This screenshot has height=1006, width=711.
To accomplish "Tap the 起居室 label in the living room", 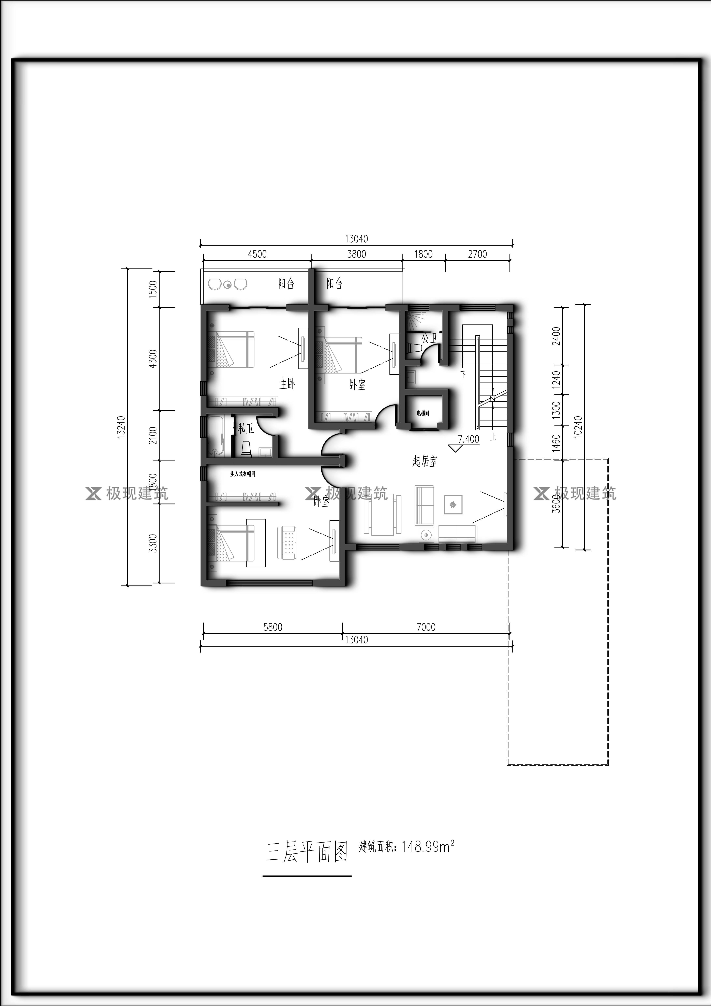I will coord(425,461).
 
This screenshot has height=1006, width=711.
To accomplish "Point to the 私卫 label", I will coord(245,428).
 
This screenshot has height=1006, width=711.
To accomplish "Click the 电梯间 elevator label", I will coord(423,413).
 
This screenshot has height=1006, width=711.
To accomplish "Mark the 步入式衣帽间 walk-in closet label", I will coord(243,474).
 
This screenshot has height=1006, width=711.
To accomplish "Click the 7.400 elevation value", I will coord(468,439).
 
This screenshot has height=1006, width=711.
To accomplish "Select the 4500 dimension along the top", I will coord(257,254).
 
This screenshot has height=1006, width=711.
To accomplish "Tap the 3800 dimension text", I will coord(357,254).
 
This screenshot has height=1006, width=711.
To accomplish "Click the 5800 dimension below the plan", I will coord(272,627).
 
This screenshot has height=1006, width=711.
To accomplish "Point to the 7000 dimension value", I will coord(426,627).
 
